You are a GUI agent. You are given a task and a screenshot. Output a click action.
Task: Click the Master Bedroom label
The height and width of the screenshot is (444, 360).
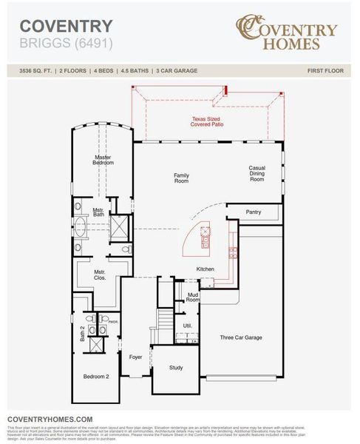click(103, 159)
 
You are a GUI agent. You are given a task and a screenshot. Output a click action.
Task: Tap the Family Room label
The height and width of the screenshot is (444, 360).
click(182, 178)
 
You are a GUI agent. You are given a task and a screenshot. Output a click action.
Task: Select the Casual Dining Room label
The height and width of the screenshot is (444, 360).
click(257, 173)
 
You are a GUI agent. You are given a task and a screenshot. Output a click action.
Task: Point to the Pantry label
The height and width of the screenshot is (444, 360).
click(254, 212)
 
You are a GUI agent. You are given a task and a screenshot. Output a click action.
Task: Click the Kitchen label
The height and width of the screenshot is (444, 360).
click(206, 269)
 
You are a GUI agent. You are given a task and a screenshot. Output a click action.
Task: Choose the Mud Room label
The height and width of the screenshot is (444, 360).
click(193, 297)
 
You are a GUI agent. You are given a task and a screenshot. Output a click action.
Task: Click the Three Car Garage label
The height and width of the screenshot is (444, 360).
click(241, 337)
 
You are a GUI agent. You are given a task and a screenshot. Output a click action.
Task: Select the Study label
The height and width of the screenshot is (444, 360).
click(176, 367)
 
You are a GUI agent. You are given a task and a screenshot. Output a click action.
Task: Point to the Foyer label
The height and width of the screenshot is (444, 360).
click(135, 357)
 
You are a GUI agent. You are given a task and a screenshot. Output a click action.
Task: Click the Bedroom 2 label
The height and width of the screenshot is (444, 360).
click(97, 377)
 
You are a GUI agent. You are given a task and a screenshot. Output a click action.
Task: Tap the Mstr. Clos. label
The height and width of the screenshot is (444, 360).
click(100, 275)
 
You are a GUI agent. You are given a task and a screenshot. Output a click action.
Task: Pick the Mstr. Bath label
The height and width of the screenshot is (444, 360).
click(98, 212)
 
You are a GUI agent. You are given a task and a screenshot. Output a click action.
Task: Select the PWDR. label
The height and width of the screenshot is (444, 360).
click(113, 322)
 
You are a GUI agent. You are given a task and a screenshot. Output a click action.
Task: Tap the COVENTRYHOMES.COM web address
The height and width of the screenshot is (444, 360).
click(50, 419)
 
